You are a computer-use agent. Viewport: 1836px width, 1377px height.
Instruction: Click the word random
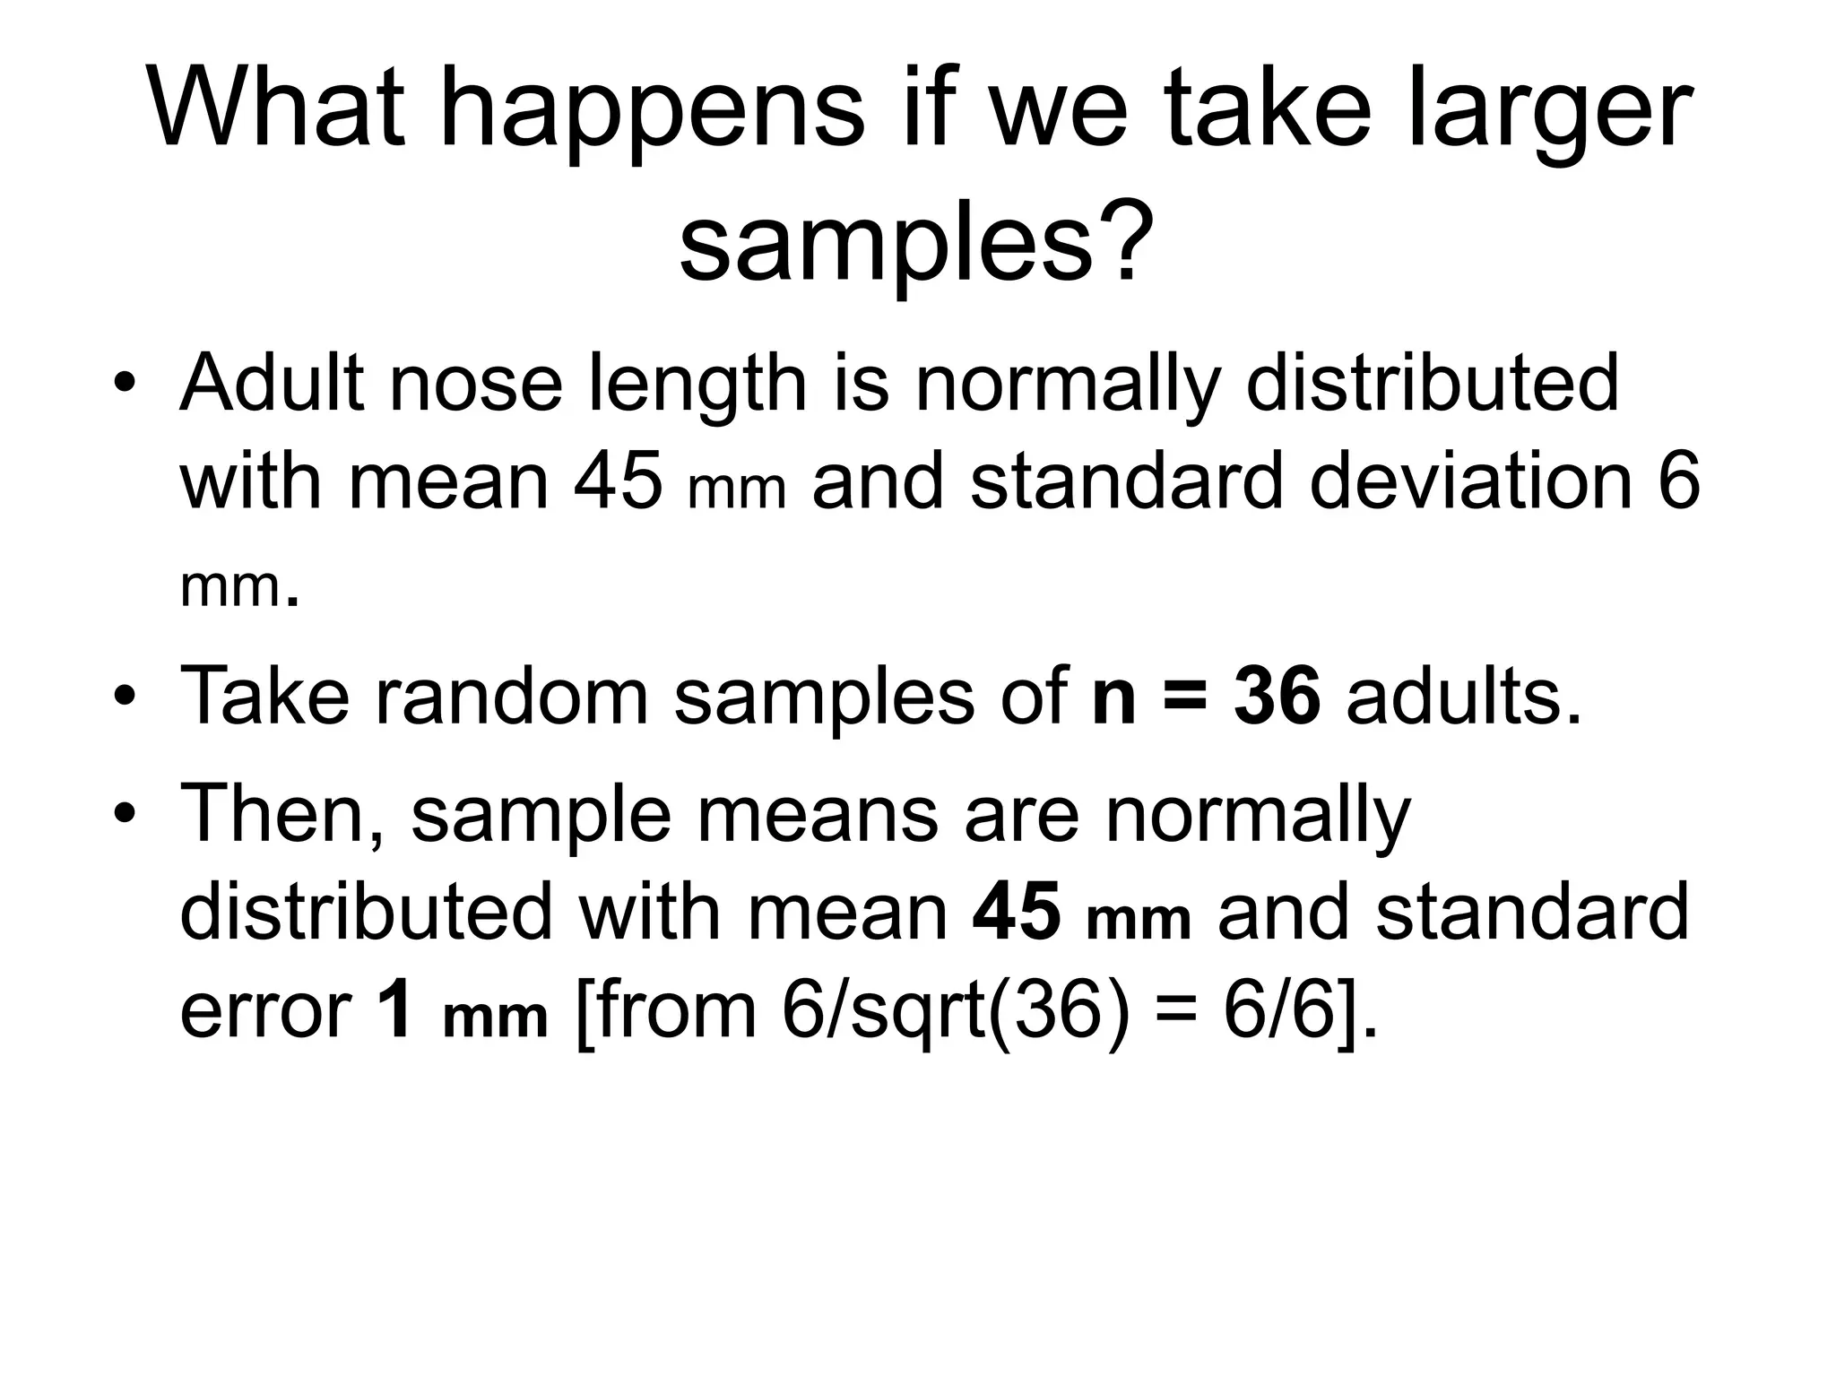[512, 696]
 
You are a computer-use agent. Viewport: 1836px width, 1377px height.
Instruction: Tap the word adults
[1464, 696]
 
